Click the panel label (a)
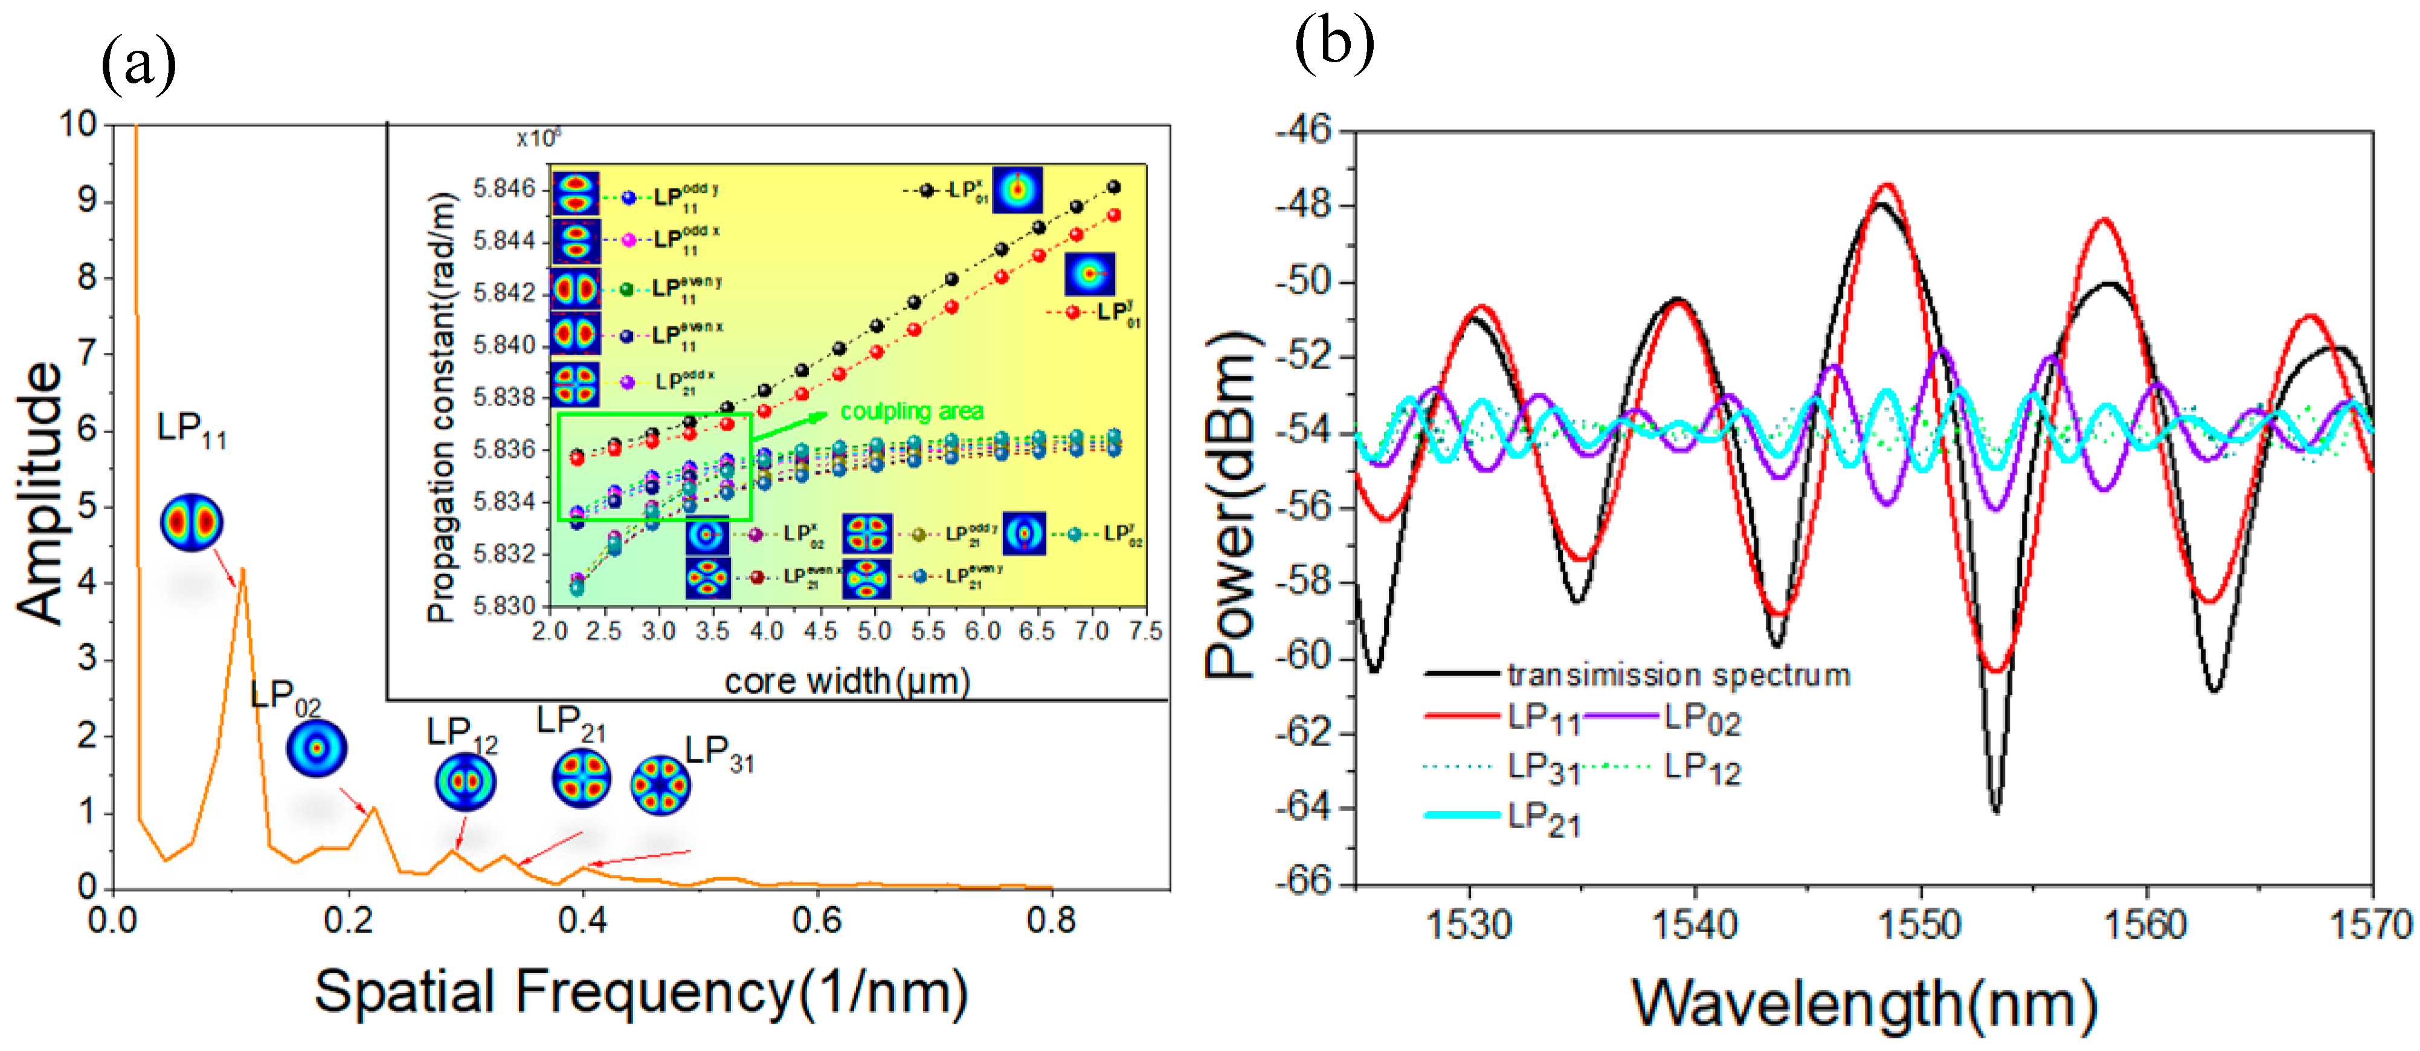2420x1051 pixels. (138, 64)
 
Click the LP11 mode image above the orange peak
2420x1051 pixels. (191, 522)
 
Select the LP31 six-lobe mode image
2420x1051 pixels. (660, 784)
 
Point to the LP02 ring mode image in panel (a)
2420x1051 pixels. (317, 748)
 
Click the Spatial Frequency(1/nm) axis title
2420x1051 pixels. (641, 994)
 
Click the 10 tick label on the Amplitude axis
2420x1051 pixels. (77, 124)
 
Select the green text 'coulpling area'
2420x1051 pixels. (911, 411)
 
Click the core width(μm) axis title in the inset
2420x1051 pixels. (846, 681)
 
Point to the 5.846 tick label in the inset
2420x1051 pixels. (504, 189)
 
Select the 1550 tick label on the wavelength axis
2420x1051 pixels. (1919, 925)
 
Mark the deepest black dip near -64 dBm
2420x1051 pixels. (1995, 809)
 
